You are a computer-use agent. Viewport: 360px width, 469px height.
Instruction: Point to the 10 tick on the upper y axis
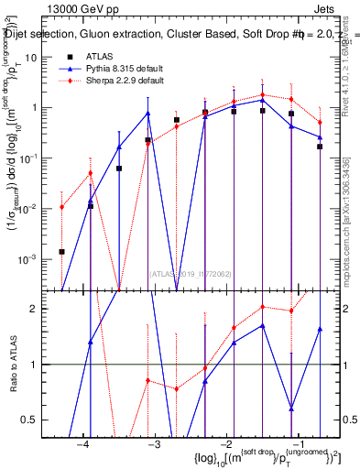click(x=37, y=57)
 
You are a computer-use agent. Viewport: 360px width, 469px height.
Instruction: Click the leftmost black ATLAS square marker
click(x=61, y=251)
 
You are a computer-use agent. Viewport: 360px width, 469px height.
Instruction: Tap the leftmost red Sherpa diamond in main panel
click(x=61, y=207)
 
